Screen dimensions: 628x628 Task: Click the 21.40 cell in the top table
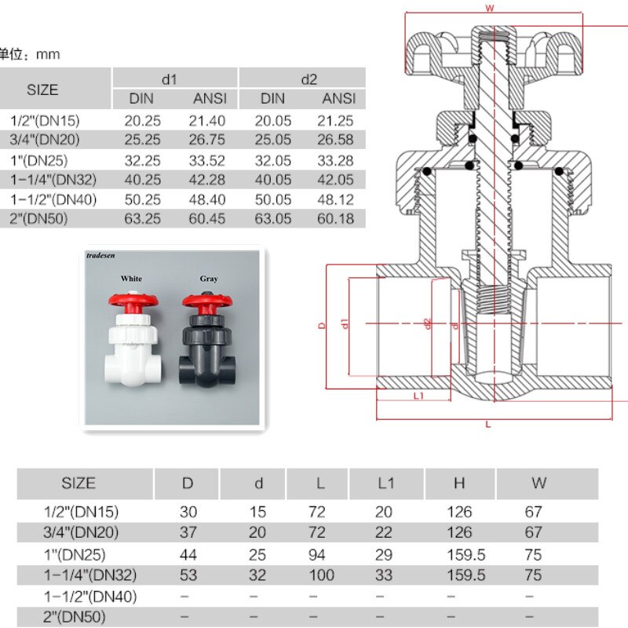pos(209,120)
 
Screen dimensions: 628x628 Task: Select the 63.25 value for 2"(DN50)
pos(142,218)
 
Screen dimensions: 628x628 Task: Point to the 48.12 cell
pos(338,199)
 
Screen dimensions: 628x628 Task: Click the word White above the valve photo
pos(131,279)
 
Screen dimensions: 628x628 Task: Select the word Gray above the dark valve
pos(209,279)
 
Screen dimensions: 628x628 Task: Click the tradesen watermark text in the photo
pos(101,255)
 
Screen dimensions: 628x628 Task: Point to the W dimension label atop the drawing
pos(489,9)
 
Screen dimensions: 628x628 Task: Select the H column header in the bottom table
pos(459,483)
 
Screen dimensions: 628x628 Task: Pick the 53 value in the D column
pos(188,575)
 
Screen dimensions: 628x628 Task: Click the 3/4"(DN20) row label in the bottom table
pos(82,533)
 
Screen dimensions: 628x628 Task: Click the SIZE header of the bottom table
pos(78,483)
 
